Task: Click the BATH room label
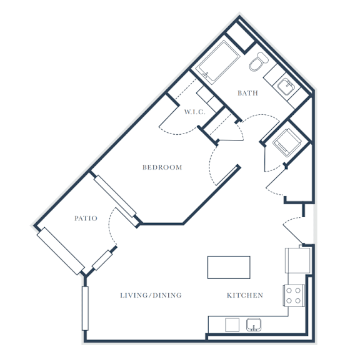tap(247, 93)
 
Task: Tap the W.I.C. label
tap(194, 112)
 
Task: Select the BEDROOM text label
tap(162, 167)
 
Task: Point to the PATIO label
tap(86, 218)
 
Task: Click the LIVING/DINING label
tap(151, 295)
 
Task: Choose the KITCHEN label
tap(245, 295)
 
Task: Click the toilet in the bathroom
tap(258, 61)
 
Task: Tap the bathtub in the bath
tap(217, 61)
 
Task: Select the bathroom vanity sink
tap(286, 87)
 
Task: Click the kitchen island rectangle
tap(229, 267)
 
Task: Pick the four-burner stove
tap(294, 295)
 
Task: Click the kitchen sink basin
tap(254, 325)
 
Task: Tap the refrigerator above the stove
tap(297, 260)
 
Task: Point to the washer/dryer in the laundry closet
tap(287, 143)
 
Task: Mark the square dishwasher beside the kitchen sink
tap(232, 325)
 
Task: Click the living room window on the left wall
tap(85, 308)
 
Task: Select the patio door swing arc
tap(111, 226)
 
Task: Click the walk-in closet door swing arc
tap(178, 133)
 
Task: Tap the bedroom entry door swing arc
tap(211, 165)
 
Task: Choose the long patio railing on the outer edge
tap(61, 251)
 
